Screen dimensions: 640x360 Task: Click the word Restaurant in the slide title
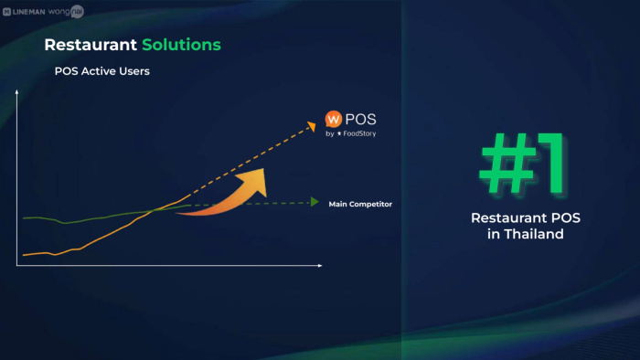tap(91, 45)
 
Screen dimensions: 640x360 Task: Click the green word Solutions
tap(181, 45)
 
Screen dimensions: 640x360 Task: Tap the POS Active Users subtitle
tap(102, 71)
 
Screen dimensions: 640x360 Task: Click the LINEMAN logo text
tap(28, 12)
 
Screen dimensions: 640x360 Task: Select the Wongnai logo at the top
tap(66, 11)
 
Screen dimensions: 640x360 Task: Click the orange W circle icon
tap(334, 119)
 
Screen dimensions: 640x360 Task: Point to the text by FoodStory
tap(350, 133)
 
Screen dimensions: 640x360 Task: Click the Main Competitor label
tap(360, 204)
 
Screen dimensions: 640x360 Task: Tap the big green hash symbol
tap(508, 164)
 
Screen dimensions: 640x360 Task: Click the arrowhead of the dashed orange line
tap(313, 126)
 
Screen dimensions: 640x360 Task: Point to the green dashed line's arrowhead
tap(315, 202)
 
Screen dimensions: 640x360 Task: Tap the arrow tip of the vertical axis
tap(16, 91)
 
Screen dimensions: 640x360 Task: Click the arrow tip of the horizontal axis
tap(321, 265)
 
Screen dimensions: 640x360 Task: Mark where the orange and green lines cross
tap(155, 210)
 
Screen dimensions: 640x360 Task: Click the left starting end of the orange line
tap(23, 255)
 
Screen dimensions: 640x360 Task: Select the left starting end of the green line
tap(23, 218)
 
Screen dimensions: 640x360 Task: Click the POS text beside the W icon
tap(360, 119)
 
